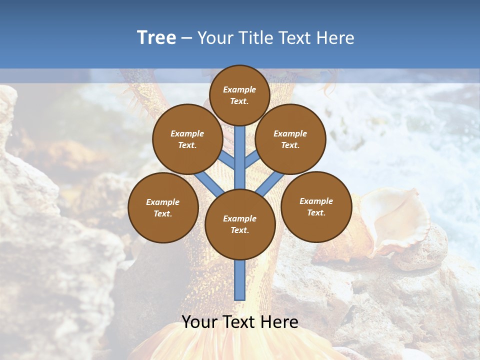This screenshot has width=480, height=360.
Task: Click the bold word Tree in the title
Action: tap(156, 38)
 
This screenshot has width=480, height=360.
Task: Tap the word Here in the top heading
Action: tap(335, 38)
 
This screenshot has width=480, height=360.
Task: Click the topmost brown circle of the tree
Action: tap(239, 95)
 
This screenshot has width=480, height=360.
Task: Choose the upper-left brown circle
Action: tap(187, 139)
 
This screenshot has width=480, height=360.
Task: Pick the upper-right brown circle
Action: tap(290, 139)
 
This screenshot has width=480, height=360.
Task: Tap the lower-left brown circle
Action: tap(163, 207)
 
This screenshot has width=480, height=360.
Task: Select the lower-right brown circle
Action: tap(316, 206)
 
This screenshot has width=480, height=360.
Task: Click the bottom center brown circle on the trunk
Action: tap(240, 224)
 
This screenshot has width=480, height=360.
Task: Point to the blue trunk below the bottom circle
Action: tap(240, 280)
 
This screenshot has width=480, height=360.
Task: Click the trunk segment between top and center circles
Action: tap(240, 157)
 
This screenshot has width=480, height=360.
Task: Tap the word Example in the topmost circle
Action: tap(239, 89)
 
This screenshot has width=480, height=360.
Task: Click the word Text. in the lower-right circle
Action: tap(316, 212)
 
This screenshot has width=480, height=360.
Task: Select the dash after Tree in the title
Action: tap(187, 38)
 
